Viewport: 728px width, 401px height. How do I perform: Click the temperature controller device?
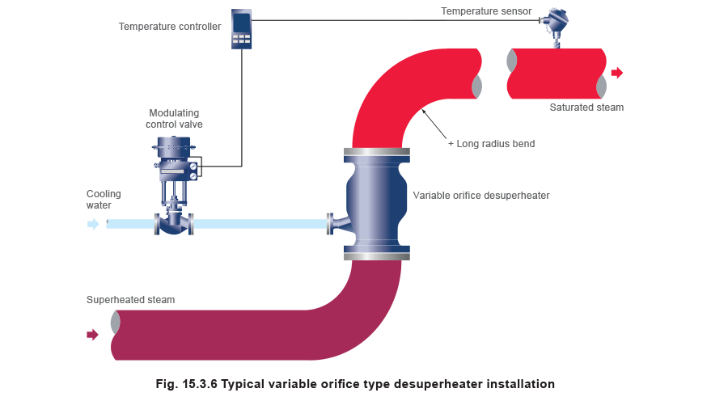242,30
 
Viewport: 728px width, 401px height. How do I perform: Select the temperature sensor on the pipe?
555,24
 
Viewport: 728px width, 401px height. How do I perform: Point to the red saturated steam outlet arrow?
617,73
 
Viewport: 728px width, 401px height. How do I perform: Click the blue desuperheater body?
377,202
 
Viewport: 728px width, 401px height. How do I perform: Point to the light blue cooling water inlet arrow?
93,224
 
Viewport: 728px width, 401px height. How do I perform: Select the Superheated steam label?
130,300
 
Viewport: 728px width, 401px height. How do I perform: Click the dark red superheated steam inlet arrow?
93,334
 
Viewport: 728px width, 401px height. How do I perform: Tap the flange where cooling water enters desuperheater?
330,224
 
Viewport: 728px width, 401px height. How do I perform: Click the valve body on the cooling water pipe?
173,223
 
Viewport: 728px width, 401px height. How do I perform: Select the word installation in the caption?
515,383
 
